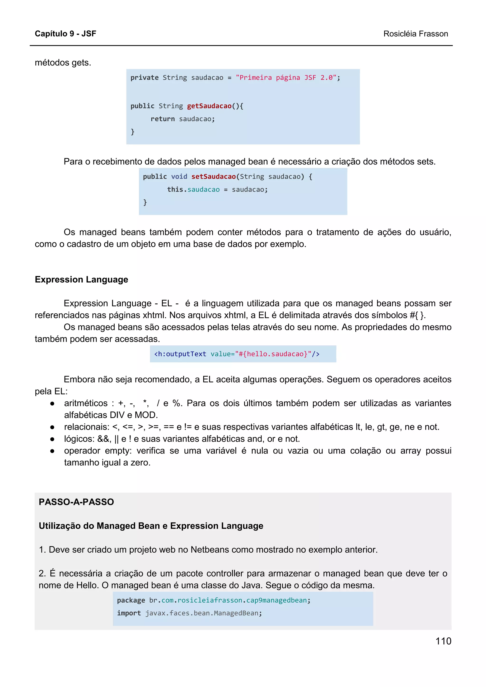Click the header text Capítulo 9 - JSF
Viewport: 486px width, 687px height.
(65, 33)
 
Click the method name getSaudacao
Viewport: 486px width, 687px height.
(209, 106)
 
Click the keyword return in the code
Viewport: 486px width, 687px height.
(162, 119)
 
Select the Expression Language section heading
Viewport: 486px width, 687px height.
(81, 279)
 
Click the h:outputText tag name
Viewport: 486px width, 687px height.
(180, 354)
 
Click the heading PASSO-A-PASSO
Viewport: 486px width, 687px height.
(76, 502)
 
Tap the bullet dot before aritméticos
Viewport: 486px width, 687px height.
(52, 404)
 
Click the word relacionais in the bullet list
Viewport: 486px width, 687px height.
(86, 427)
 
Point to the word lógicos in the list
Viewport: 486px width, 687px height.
(79, 439)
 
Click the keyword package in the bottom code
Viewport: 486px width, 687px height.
(131, 600)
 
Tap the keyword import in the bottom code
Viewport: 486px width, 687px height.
(129, 613)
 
